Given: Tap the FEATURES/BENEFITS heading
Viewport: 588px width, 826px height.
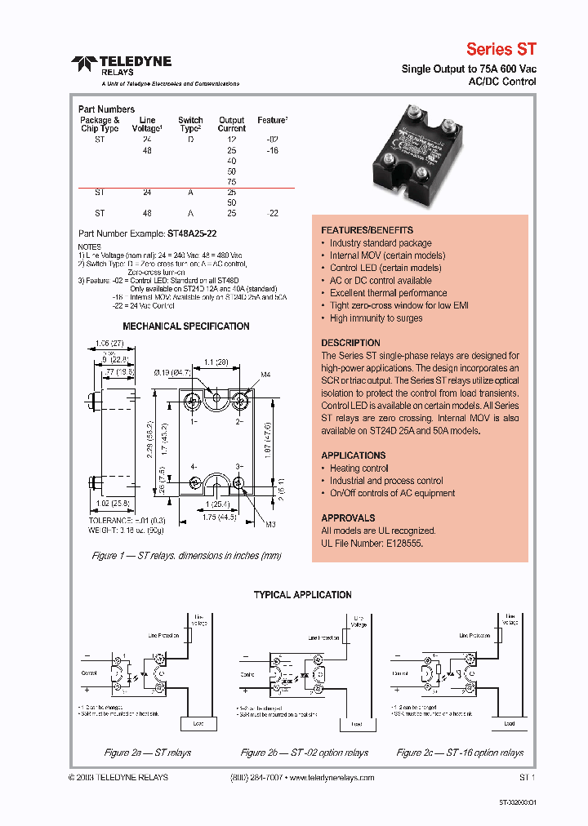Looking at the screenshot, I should (367, 230).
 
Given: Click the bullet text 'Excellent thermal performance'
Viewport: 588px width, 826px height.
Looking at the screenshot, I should (376, 293).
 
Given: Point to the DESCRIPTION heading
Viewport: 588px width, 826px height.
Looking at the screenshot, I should (350, 343).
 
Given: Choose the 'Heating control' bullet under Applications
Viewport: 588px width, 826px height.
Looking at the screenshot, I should (359, 469).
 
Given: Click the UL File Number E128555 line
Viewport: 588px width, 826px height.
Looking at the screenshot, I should (372, 543).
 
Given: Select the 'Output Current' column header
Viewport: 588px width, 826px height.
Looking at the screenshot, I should (232, 124).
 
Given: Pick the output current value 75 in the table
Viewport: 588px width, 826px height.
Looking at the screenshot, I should (232, 183).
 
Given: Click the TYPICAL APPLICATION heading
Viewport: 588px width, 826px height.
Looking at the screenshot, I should (302, 595).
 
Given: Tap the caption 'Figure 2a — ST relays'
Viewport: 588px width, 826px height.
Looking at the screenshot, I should (147, 753).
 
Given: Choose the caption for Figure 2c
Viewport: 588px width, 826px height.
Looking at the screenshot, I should (460, 753).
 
